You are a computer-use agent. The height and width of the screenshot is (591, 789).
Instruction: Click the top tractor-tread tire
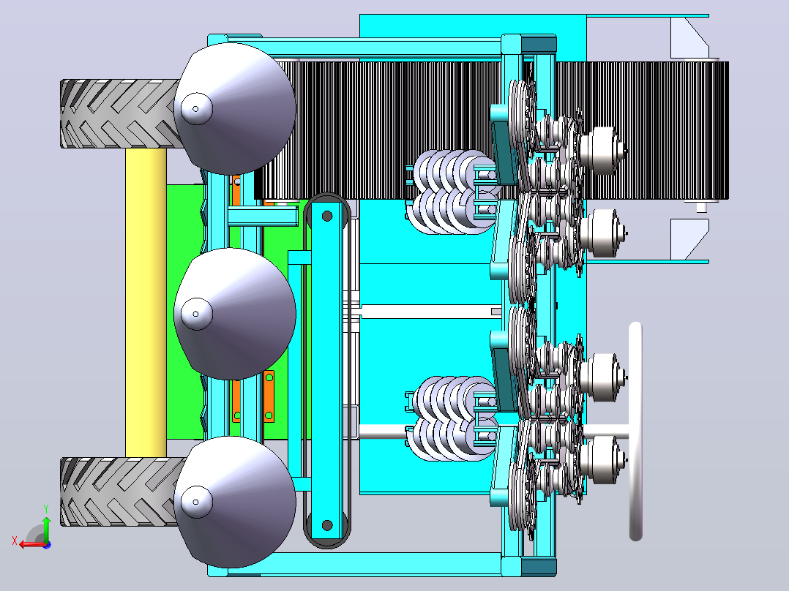tap(120, 113)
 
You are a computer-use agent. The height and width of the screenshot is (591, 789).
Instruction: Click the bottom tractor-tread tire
tap(120, 492)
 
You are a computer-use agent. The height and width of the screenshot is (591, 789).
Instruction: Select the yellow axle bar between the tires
tap(146, 302)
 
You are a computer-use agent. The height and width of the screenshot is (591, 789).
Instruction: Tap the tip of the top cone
tap(195, 109)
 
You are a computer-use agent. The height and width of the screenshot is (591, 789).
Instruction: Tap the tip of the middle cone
tap(195, 314)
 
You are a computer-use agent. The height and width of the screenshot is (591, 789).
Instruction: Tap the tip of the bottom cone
tap(195, 502)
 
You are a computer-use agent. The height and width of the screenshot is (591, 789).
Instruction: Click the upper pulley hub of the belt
tap(327, 217)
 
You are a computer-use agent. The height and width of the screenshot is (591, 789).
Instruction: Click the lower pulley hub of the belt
tap(327, 526)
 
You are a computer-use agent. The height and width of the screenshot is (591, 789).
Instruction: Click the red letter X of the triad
tap(15, 541)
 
